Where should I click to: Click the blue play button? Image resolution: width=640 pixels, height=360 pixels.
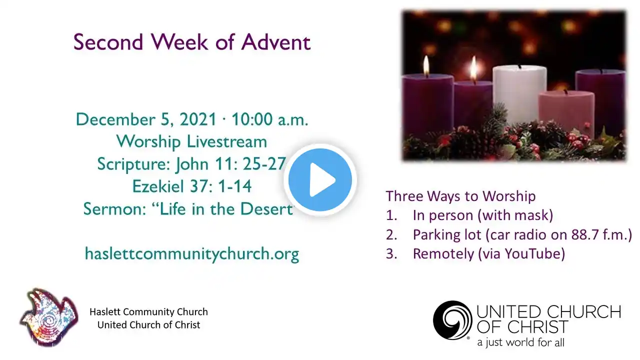[320, 179]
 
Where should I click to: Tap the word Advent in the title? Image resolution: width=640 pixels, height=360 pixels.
[276, 42]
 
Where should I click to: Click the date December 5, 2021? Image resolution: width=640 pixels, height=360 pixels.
[145, 119]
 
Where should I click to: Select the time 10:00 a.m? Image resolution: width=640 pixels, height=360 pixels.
[269, 119]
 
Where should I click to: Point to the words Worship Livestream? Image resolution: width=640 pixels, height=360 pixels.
[191, 141]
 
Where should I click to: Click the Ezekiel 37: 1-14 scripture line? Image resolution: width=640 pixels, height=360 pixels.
[191, 186]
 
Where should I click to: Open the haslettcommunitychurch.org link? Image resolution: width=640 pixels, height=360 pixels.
[192, 253]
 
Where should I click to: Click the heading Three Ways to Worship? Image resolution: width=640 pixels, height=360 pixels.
[460, 196]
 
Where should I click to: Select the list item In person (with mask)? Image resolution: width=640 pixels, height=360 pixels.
[483, 215]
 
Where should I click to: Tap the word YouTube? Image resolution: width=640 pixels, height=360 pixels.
[531, 253]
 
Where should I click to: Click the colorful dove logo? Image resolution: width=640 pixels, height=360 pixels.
[49, 317]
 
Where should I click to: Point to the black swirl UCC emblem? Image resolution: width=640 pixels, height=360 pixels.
[452, 320]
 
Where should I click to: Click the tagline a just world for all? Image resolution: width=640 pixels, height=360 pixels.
[520, 342]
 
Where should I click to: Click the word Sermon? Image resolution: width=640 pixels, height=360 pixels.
[114, 209]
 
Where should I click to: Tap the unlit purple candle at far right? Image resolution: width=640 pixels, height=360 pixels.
[600, 100]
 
